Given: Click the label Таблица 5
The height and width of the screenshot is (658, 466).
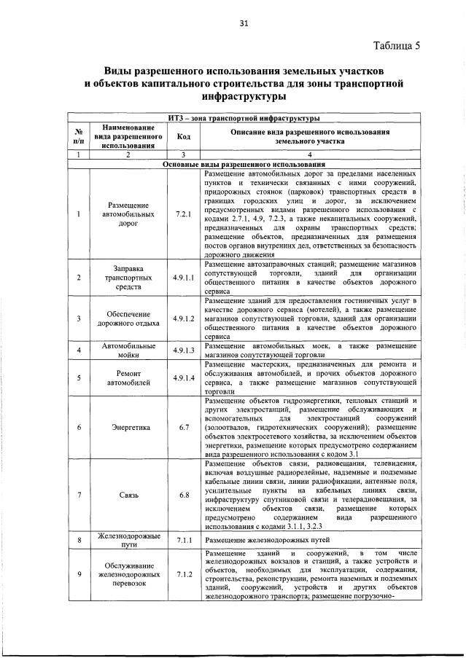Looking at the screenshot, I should [x=396, y=46].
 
